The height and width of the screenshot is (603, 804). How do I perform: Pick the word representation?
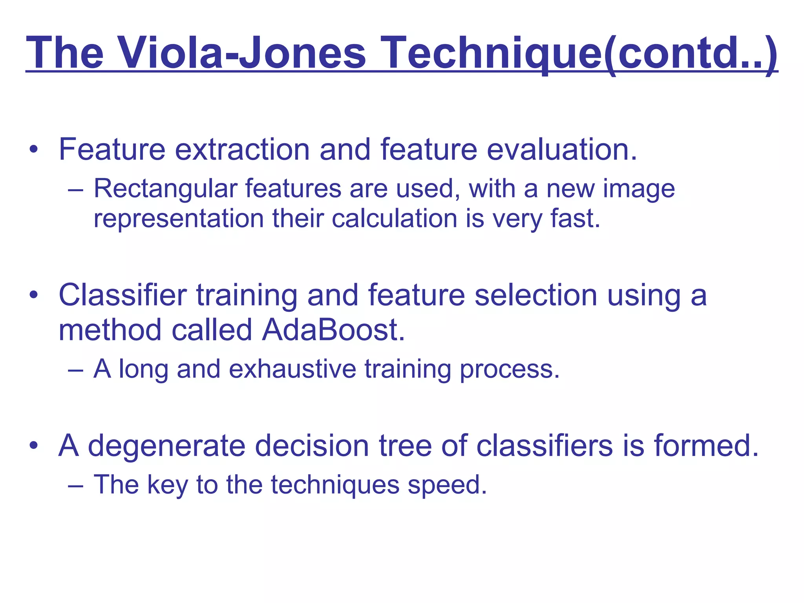pyautogui.click(x=179, y=219)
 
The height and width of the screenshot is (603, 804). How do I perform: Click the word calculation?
pyautogui.click(x=394, y=218)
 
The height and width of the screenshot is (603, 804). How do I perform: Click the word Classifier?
pyautogui.click(x=122, y=295)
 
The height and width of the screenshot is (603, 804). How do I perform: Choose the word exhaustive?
pyautogui.click(x=292, y=369)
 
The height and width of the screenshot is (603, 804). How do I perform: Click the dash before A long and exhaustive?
pyautogui.click(x=75, y=370)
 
